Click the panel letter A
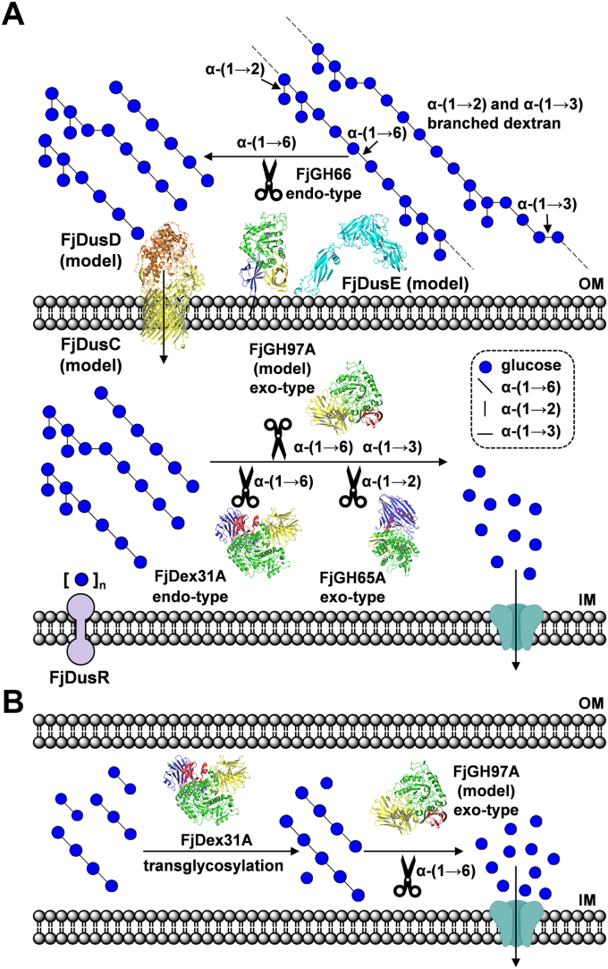[x=15, y=15]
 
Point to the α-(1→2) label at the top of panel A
[x=234, y=69]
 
